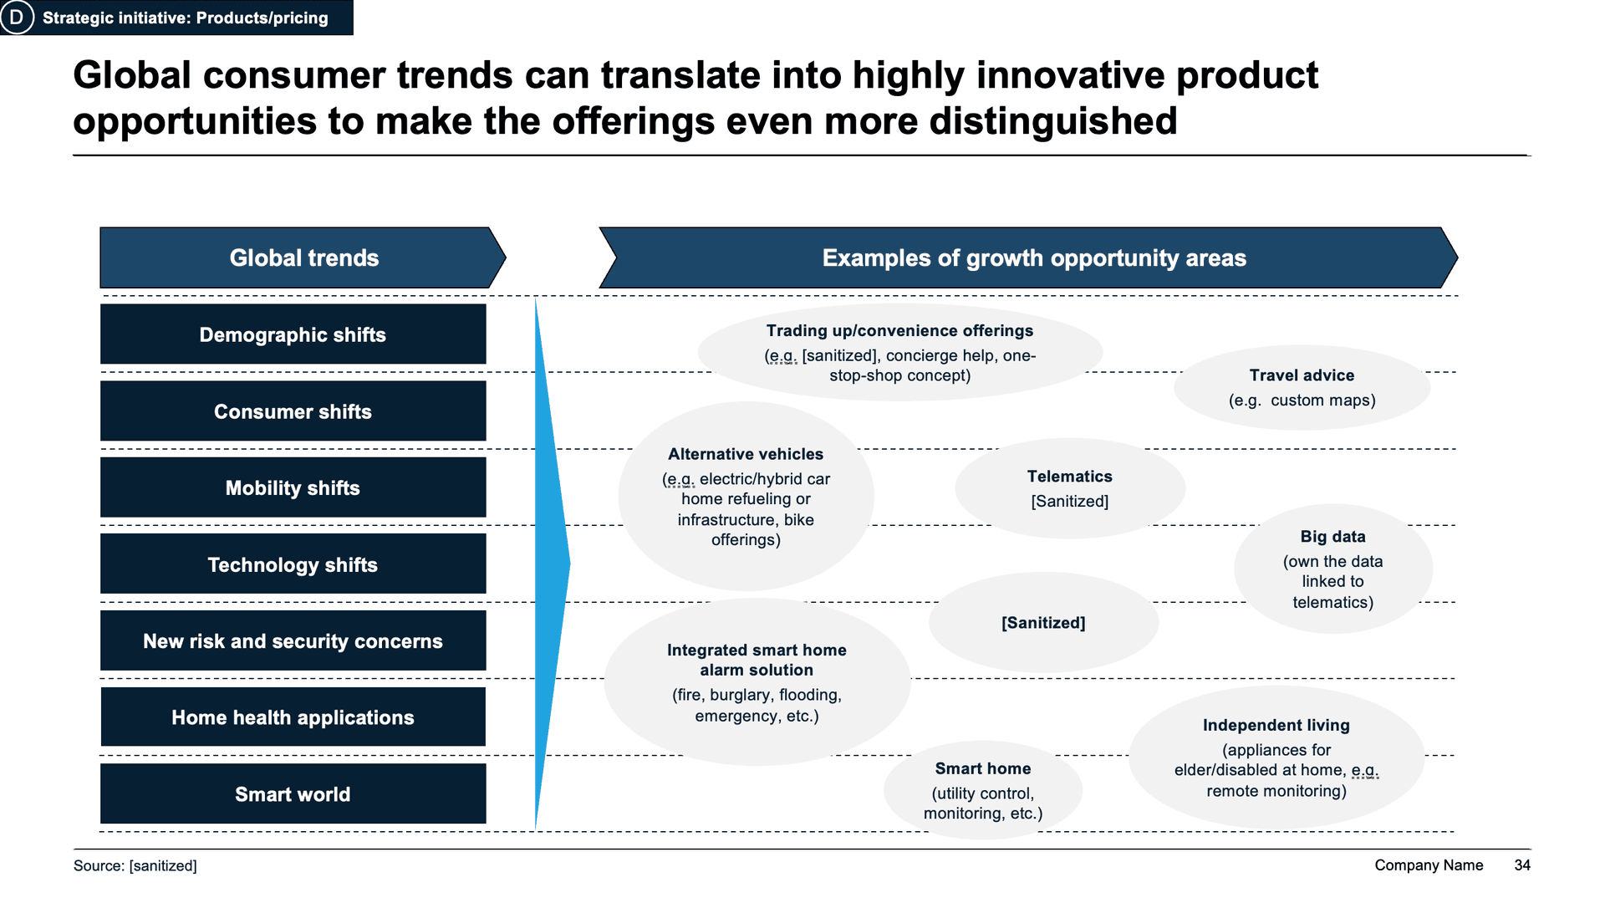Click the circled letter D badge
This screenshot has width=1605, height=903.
click(x=17, y=18)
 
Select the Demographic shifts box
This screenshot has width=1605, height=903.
click(x=293, y=334)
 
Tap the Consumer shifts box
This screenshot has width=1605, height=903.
click(x=293, y=411)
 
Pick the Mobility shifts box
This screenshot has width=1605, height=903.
click(x=293, y=488)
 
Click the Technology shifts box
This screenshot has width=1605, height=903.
click(x=293, y=565)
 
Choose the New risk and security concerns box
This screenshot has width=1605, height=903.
click(x=293, y=641)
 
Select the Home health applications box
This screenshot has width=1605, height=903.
click(x=293, y=717)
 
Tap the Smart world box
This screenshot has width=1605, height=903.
click(x=293, y=794)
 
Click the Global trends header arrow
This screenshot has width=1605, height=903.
click(x=303, y=258)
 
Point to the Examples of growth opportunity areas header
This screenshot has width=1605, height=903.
click(x=1033, y=258)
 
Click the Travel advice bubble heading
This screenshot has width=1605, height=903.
click(x=1302, y=375)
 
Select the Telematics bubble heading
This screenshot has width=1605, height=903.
click(x=1069, y=477)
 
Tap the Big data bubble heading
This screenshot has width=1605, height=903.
click(x=1332, y=537)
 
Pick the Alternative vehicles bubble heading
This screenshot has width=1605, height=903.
click(x=746, y=454)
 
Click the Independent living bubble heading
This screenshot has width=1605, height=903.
click(x=1276, y=726)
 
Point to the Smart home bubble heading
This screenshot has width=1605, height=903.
click(x=982, y=768)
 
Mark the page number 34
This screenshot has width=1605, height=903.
click(x=1521, y=865)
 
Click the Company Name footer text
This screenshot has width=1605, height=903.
click(x=1429, y=865)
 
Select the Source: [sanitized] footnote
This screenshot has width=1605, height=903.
click(x=135, y=866)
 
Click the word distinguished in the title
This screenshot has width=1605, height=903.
click(x=1052, y=121)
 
